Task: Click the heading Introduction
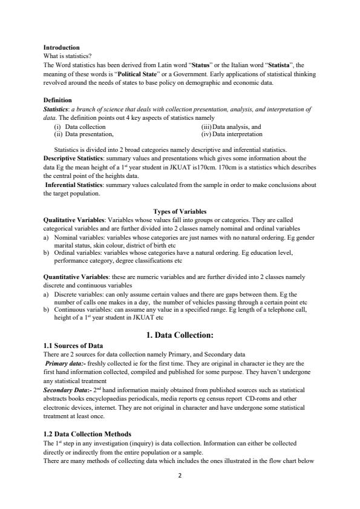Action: pos(61,47)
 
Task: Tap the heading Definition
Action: pos(57,100)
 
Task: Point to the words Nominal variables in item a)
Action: pos(76,239)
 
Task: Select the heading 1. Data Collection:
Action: pos(180,335)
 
